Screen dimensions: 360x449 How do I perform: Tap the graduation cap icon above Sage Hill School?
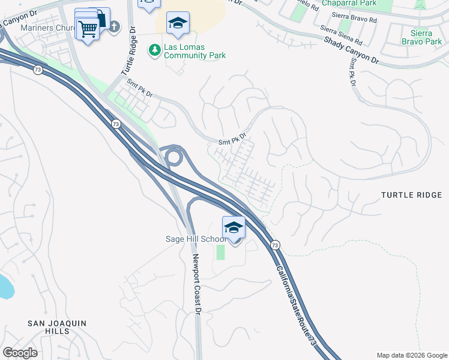pos(234,228)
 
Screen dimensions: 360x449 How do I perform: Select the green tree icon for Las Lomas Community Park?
pos(155,49)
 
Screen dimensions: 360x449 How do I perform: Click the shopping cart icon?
pos(88,28)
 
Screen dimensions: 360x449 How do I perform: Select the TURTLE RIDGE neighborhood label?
pos(412,195)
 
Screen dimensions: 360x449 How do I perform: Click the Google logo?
pos(20,352)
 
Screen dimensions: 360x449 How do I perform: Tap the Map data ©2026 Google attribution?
pos(412,355)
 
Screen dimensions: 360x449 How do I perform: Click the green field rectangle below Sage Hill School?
pos(220,252)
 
